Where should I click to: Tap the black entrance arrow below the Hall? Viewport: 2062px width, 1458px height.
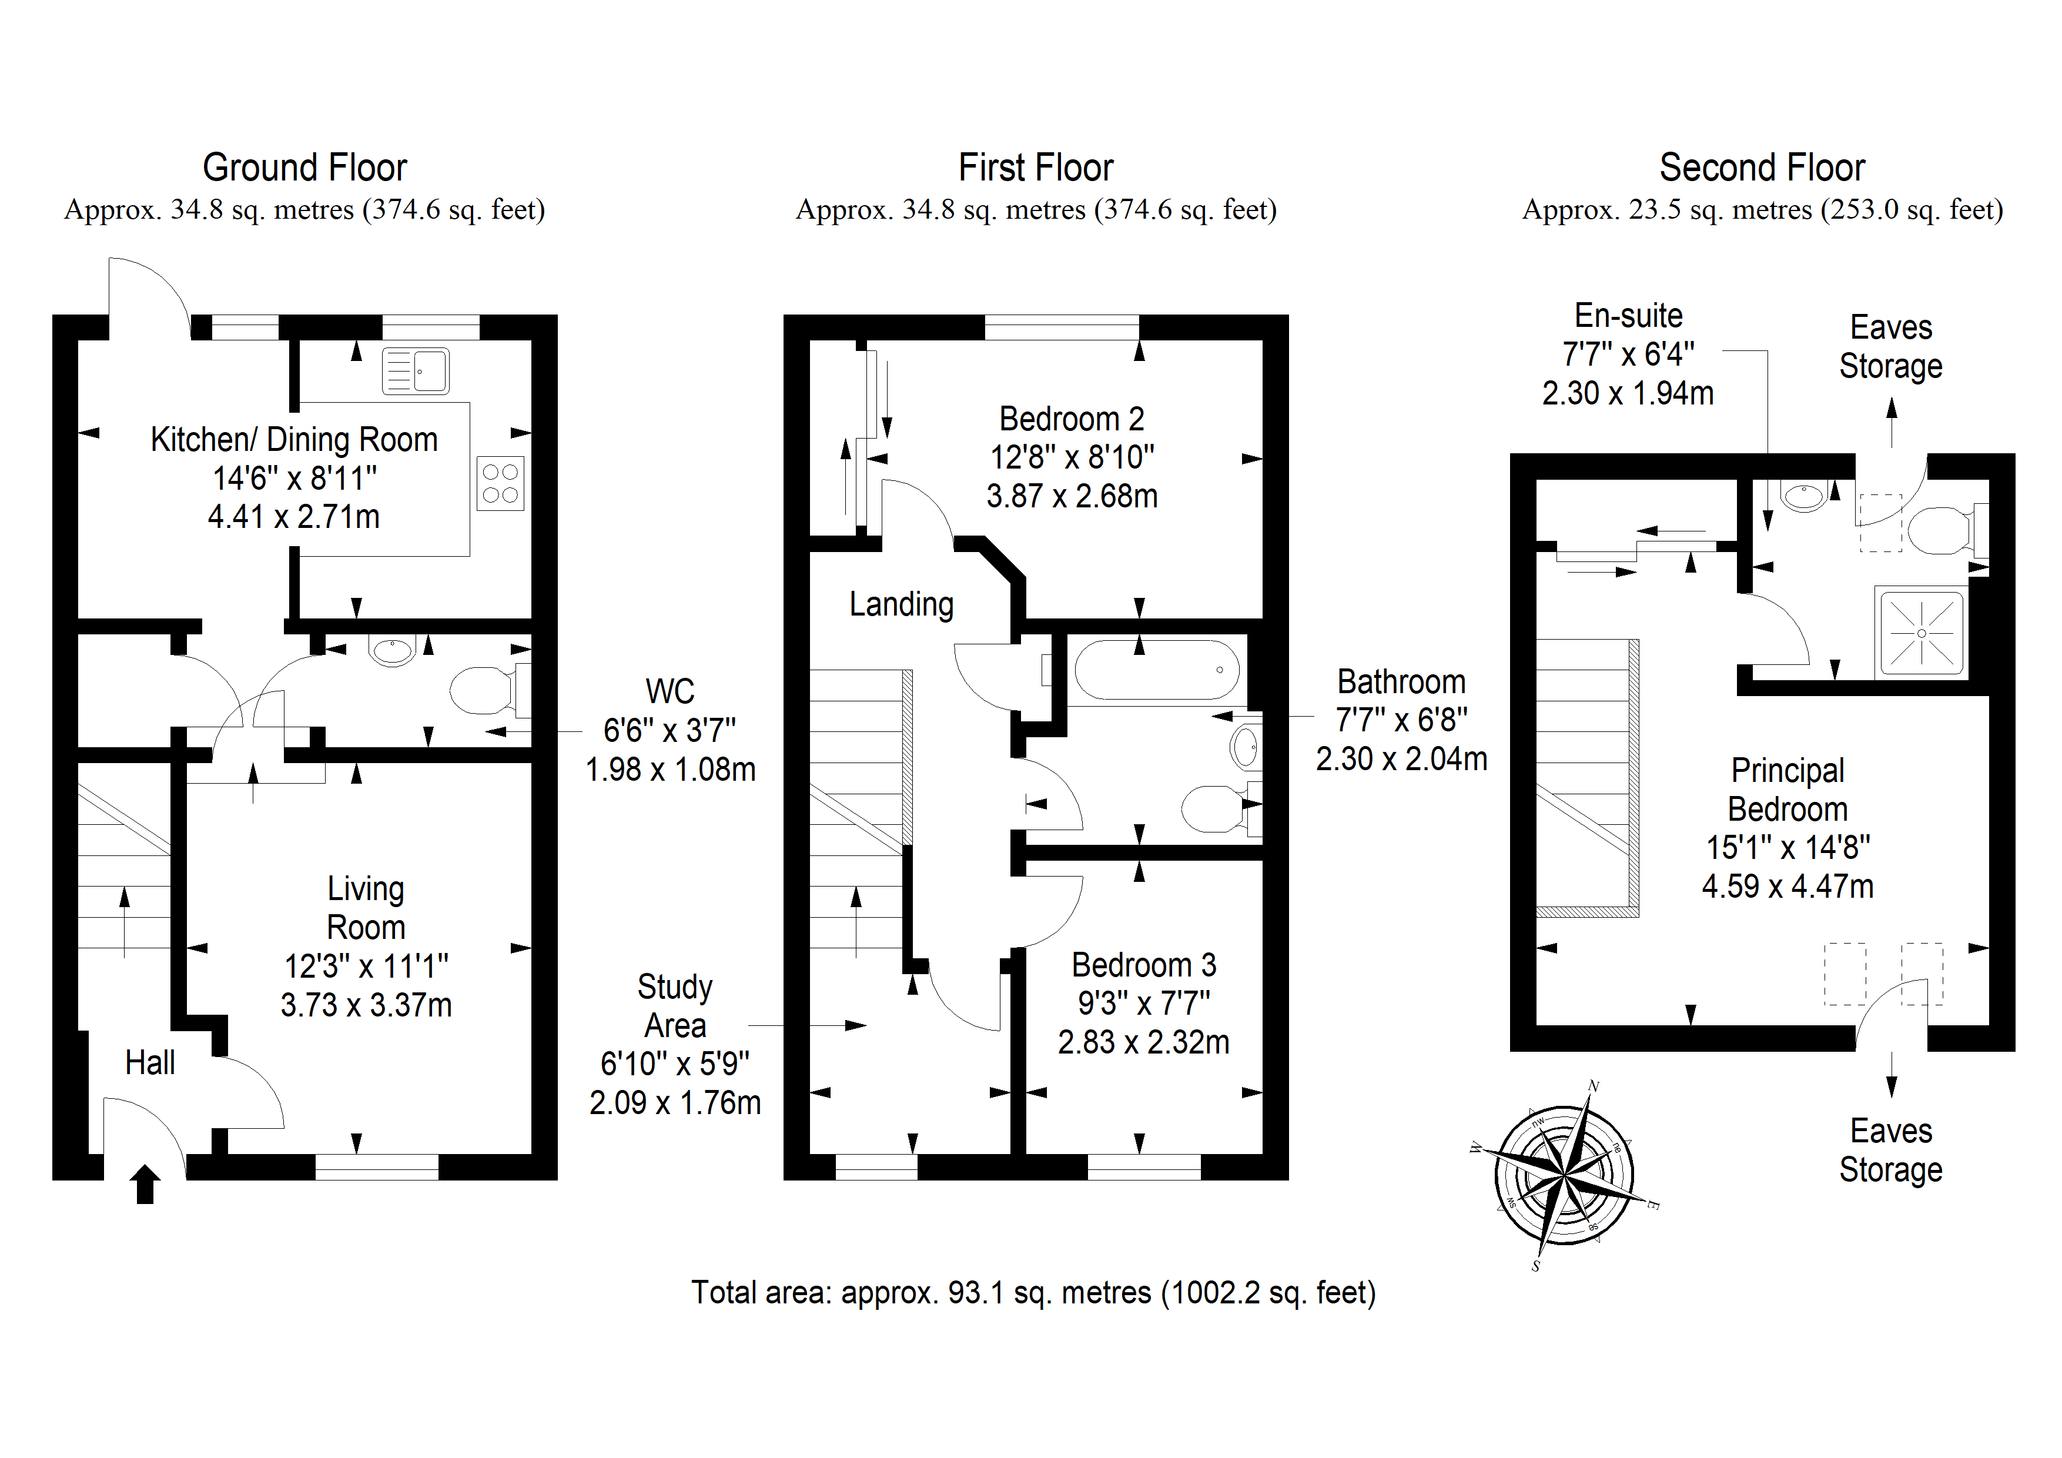[x=146, y=1184]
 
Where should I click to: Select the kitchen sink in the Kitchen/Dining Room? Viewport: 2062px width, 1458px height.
[x=415, y=371]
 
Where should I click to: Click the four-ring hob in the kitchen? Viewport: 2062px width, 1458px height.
[x=500, y=483]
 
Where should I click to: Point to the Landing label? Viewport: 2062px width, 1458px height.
[x=902, y=604]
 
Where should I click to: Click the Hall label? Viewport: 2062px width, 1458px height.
[x=150, y=1063]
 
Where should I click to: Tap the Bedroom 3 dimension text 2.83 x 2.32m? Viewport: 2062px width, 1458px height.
[x=1143, y=1042]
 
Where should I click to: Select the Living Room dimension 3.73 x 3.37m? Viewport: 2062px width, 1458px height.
[x=366, y=1004]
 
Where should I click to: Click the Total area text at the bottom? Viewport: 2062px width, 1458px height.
[x=1034, y=1293]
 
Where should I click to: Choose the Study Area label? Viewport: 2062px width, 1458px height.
[x=675, y=1006]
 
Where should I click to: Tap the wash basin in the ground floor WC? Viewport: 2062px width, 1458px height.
[x=393, y=650]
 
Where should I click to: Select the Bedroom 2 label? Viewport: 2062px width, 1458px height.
[x=1072, y=419]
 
